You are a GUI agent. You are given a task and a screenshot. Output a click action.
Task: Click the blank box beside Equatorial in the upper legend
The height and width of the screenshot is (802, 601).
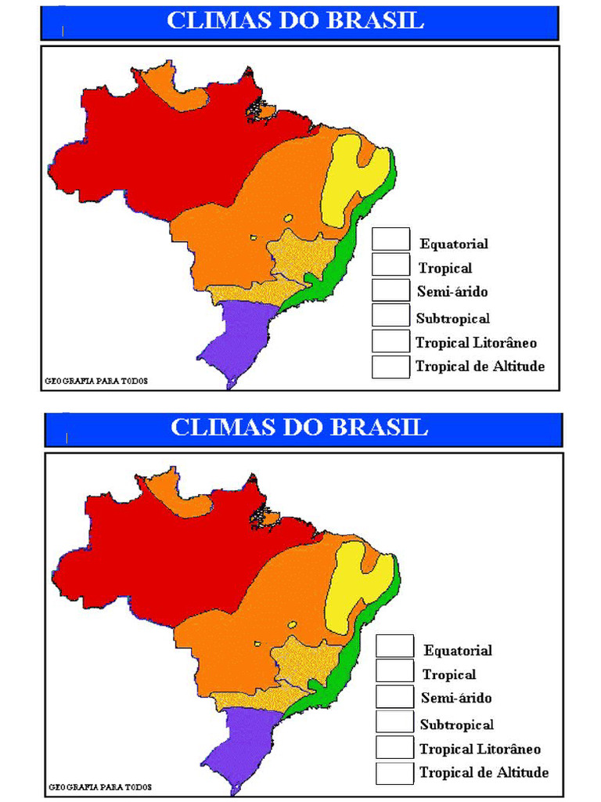click(x=390, y=240)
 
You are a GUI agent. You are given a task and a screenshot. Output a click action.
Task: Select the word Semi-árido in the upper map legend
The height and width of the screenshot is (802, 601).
click(x=452, y=292)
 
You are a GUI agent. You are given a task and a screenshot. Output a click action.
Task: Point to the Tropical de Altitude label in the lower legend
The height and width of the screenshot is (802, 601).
click(x=484, y=772)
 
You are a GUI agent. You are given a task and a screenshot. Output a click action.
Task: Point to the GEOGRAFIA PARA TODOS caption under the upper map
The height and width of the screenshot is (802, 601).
click(x=95, y=381)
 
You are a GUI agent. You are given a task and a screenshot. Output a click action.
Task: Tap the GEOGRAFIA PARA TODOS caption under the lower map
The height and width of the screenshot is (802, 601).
click(x=100, y=786)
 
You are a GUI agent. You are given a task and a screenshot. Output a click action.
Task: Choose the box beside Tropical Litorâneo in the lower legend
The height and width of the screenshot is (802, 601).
click(x=394, y=747)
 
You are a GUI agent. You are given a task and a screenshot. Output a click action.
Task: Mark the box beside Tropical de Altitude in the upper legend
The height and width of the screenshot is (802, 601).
click(x=390, y=367)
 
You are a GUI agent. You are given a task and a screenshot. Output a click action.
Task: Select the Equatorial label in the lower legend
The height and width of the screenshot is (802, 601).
click(x=458, y=650)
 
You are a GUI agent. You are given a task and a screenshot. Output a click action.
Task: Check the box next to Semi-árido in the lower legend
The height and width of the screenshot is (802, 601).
click(x=394, y=696)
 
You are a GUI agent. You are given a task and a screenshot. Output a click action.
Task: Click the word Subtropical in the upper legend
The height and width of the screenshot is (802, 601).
click(x=452, y=318)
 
